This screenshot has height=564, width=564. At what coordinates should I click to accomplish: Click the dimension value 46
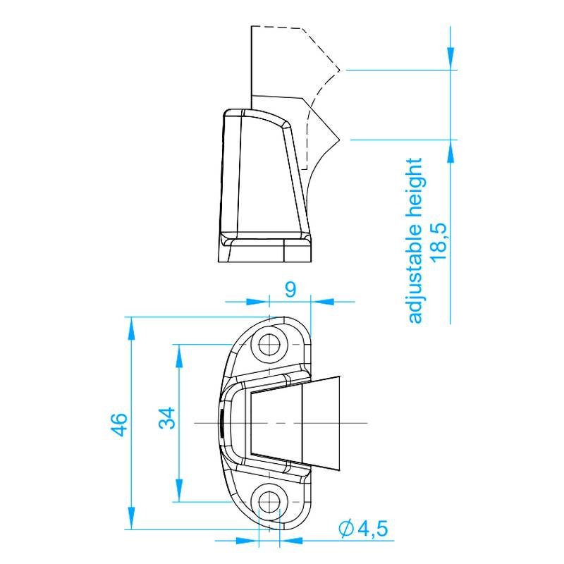pyautogui.click(x=120, y=424)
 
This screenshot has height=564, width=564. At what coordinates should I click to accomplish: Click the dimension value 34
pyautogui.click(x=167, y=421)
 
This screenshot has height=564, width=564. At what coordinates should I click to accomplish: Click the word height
pyautogui.click(x=415, y=185)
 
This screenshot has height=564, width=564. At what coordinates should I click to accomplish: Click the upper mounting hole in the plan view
pyautogui.click(x=270, y=345)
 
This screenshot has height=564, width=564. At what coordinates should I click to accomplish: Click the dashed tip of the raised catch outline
pyautogui.click(x=341, y=70)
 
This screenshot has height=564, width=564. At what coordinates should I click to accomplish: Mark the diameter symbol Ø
pyautogui.click(x=345, y=528)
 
